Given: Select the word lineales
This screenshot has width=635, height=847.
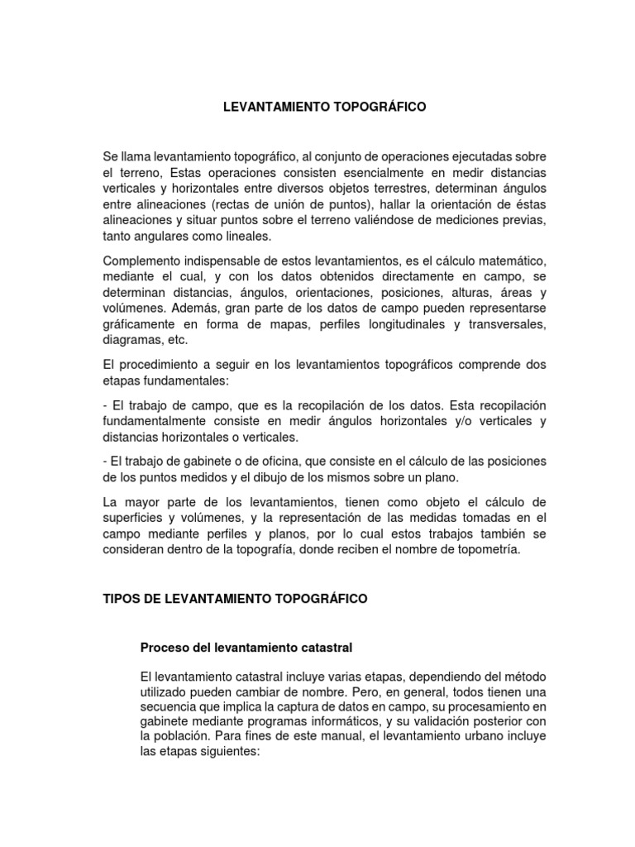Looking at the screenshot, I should click(x=245, y=236).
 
